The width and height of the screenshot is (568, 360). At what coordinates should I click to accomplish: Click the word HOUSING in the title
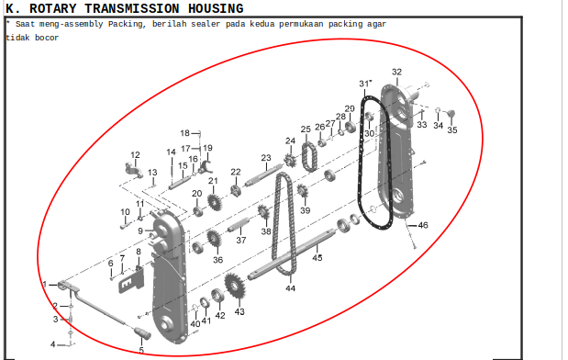coord(216,8)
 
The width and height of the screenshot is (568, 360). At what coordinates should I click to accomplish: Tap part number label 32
coord(396,72)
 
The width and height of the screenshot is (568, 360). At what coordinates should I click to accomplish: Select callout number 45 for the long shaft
coord(317,257)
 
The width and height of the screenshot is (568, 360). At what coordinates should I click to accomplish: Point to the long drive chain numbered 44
coord(284,224)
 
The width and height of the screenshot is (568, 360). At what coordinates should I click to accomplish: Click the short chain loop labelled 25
coord(309,157)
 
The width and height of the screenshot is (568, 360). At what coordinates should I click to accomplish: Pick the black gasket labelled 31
coord(374,163)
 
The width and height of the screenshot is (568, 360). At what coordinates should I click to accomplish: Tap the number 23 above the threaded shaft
coord(266,158)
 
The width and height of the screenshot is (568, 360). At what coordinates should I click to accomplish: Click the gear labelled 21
coord(215,203)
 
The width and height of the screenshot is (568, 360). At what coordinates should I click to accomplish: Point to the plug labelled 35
coord(451,113)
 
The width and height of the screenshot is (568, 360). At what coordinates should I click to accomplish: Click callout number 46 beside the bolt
coord(423,225)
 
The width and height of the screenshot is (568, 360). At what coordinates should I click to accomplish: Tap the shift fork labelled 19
coord(206,166)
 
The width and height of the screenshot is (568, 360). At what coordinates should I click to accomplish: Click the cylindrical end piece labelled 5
coord(143,333)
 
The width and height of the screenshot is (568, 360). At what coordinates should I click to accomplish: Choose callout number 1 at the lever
coord(45,284)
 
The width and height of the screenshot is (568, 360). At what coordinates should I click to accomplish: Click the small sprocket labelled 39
coord(303,190)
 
